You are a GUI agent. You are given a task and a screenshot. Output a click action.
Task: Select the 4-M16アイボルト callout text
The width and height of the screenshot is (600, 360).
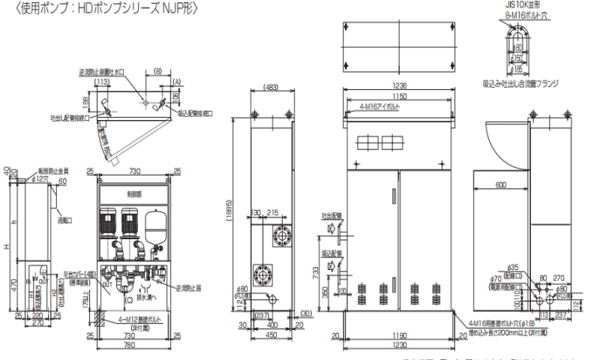click(379, 108)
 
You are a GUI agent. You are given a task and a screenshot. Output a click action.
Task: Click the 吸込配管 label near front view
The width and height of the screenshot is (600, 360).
click(331, 253)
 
